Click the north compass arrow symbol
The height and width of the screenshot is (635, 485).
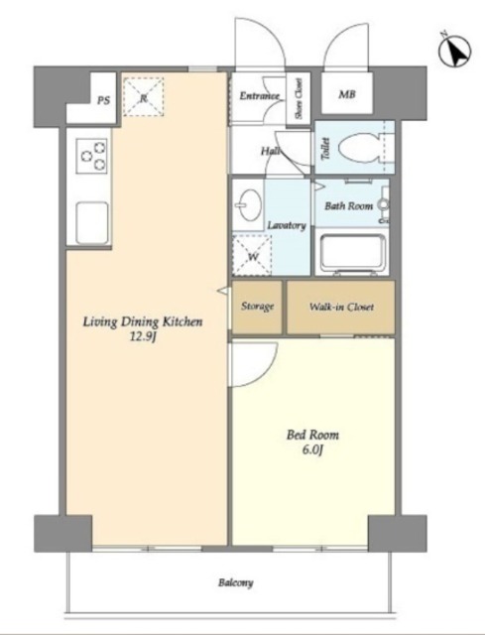(x=455, y=51)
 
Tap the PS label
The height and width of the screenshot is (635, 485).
(x=103, y=100)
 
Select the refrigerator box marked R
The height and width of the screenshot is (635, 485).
(x=143, y=97)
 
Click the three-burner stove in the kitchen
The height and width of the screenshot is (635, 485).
(x=92, y=156)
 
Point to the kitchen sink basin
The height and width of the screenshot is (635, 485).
(x=92, y=222)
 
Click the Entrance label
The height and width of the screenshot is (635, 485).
(x=260, y=96)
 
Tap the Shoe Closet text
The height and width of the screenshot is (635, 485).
(x=299, y=98)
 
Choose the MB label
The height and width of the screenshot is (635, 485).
(x=347, y=95)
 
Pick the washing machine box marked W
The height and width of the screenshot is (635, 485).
(x=252, y=256)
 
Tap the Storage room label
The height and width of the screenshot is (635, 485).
(x=258, y=307)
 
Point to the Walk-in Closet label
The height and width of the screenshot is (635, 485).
(x=341, y=307)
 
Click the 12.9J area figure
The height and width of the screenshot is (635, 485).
(x=143, y=337)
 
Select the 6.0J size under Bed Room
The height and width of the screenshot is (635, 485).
(x=312, y=449)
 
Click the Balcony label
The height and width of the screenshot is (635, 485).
(x=236, y=583)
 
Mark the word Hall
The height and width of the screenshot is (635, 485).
(x=270, y=152)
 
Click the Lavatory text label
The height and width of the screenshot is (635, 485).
(x=287, y=225)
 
